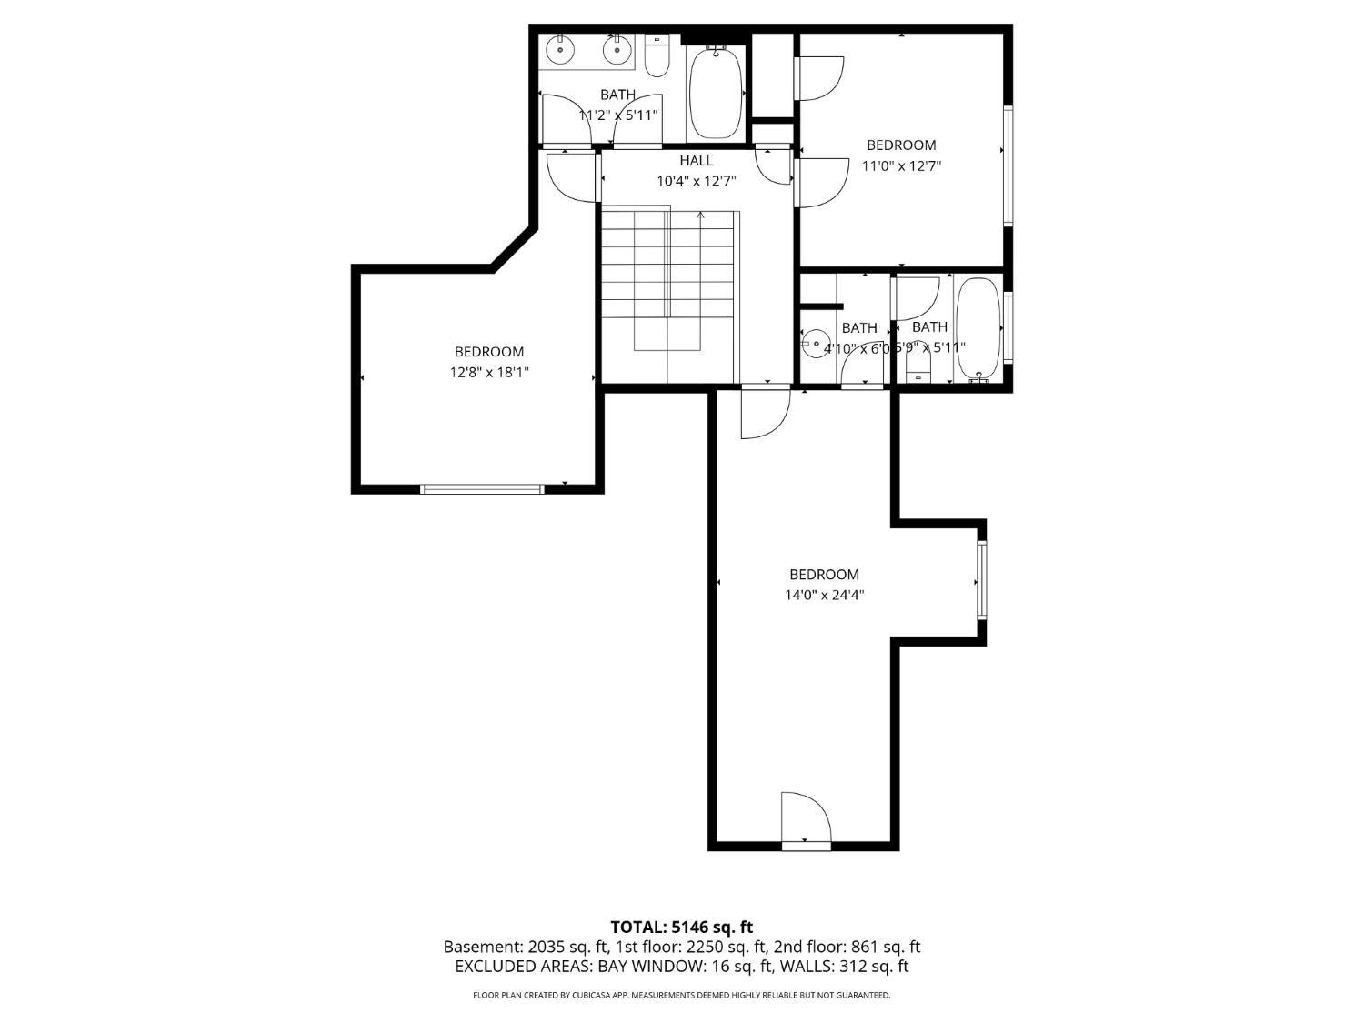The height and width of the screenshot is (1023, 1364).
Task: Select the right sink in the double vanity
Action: [x=617, y=49]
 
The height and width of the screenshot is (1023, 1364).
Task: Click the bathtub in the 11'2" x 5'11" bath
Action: [x=717, y=94]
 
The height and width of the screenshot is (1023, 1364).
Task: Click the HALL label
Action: [x=697, y=161]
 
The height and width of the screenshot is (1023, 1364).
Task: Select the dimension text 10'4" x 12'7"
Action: [x=697, y=181]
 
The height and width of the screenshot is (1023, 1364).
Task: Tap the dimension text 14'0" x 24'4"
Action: [x=824, y=596]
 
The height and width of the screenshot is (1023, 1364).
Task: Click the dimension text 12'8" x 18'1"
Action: [x=489, y=372]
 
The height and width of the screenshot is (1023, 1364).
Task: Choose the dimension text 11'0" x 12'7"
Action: [x=901, y=165]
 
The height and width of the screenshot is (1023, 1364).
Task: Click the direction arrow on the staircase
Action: [x=700, y=216]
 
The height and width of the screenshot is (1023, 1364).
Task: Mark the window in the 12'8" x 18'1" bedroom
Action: [x=482, y=489]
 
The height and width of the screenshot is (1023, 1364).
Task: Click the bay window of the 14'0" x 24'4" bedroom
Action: [x=982, y=580]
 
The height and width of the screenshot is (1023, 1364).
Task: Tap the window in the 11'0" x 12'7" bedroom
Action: [x=1008, y=165]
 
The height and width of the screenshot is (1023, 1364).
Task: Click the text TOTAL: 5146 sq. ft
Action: [x=681, y=928]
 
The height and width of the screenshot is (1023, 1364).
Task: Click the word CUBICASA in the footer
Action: [x=590, y=996]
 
